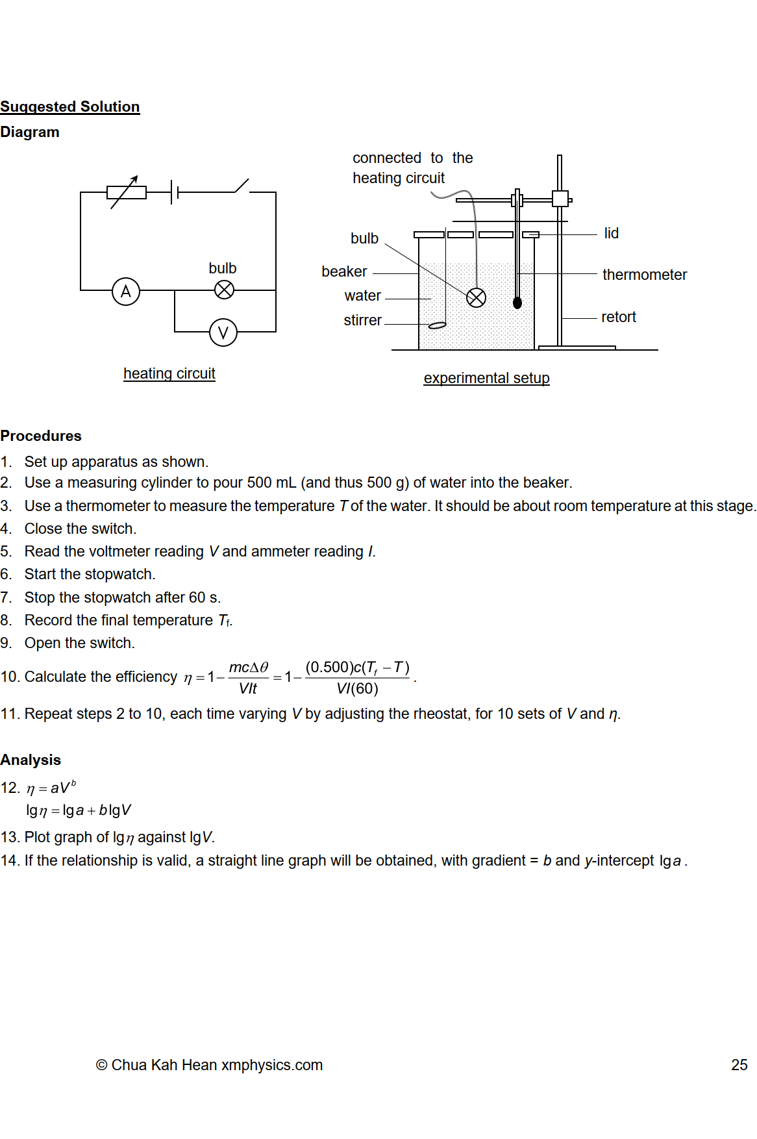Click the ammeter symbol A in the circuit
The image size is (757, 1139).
click(x=126, y=292)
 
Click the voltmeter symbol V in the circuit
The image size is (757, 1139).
click(x=223, y=332)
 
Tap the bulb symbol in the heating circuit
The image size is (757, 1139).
click(x=224, y=290)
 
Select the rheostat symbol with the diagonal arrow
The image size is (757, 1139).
click(x=127, y=192)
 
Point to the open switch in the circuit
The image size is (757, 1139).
click(x=242, y=187)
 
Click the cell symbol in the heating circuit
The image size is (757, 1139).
click(x=175, y=192)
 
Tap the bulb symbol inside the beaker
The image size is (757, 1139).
click(x=476, y=297)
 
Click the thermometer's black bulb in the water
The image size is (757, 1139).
click(x=517, y=303)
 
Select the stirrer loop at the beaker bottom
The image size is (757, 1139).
click(x=437, y=325)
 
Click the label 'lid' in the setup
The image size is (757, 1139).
click(x=611, y=233)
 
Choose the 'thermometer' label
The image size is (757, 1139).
click(x=644, y=275)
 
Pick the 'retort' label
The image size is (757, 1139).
click(x=618, y=317)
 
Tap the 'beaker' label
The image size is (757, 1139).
click(x=344, y=271)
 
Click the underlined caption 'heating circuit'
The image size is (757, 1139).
click(x=169, y=373)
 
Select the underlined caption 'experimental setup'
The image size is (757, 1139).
click(x=486, y=378)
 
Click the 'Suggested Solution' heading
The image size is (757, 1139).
click(x=70, y=106)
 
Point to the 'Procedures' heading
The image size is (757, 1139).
click(x=41, y=436)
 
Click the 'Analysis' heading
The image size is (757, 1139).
click(x=31, y=760)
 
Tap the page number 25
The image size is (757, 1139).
click(x=739, y=1065)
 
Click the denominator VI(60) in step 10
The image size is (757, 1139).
click(x=357, y=689)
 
